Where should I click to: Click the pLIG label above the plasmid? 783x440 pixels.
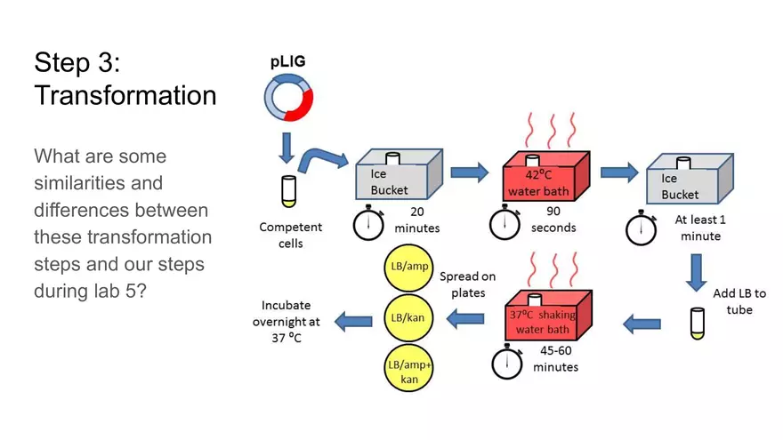point(287,62)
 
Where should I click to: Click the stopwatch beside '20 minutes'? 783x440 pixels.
point(368,225)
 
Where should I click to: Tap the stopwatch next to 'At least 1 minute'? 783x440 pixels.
point(641,230)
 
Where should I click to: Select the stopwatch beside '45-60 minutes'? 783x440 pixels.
point(507,362)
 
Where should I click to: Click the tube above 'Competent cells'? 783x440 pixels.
point(287,191)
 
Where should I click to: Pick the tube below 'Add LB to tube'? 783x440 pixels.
point(698,324)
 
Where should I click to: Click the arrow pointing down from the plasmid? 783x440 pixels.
point(287,147)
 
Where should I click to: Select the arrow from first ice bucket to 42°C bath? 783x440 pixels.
point(470,172)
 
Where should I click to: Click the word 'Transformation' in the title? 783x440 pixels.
point(125,95)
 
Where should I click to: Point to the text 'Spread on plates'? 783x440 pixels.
point(467,284)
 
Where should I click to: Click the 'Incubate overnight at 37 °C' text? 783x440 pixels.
point(286,322)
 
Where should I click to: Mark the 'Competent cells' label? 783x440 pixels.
point(290,235)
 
